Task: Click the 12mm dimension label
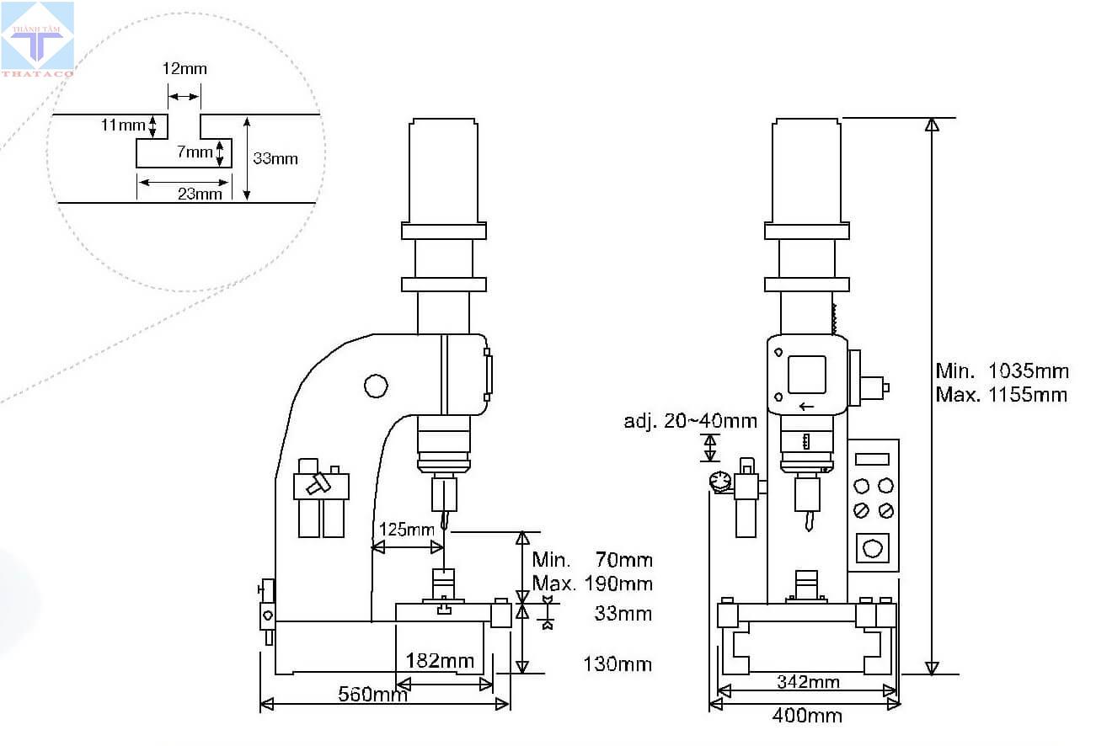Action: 184,68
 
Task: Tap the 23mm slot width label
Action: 200,194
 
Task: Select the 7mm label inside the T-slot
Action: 195,152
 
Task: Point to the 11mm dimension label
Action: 123,125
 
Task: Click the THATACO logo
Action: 38,39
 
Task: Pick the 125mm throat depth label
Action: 407,530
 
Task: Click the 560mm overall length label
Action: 372,694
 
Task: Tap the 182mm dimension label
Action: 440,661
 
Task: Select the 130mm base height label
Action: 618,664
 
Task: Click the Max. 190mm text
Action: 592,583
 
